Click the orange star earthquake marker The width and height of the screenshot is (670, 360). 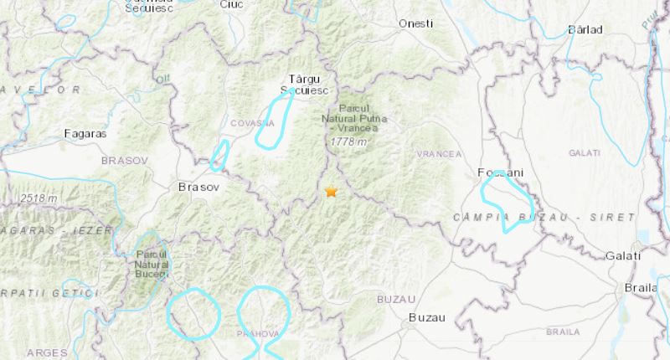pos(331,192)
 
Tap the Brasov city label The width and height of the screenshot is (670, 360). pos(198,188)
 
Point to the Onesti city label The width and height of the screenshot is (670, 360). pos(416,23)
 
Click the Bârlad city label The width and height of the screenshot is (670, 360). pos(585,29)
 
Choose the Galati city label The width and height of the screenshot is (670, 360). pos(626,255)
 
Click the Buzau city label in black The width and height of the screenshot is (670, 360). pos(425,317)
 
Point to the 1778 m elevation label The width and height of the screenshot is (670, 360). pos(349,142)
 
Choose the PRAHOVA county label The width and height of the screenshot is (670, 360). pos(256,333)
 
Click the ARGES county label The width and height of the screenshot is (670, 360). pos(47,353)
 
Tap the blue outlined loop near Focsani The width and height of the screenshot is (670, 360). pos(508,201)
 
